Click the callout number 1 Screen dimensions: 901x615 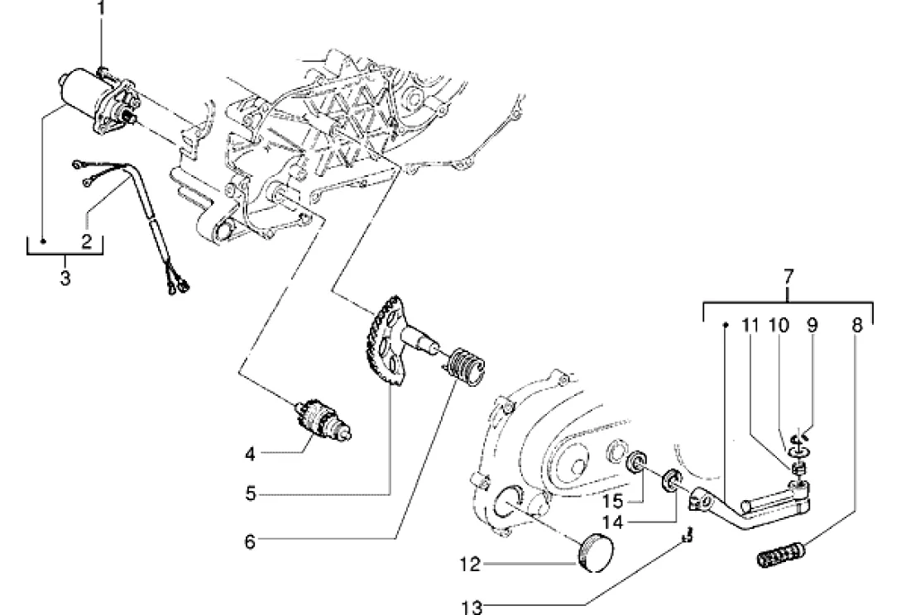tap(101, 8)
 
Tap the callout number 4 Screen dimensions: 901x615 tap(250, 455)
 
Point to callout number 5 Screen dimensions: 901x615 tap(250, 493)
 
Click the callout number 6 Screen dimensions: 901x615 tap(250, 541)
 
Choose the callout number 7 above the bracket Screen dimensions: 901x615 tap(788, 278)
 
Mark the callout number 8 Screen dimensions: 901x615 tap(857, 326)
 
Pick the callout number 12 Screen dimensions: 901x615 tap(469, 565)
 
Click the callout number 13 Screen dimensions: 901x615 tap(472, 607)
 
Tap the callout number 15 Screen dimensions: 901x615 tap(613, 501)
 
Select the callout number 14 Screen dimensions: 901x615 tap(613, 522)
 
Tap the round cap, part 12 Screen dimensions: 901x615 tap(594, 552)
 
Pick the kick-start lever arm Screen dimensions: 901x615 tap(750, 503)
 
